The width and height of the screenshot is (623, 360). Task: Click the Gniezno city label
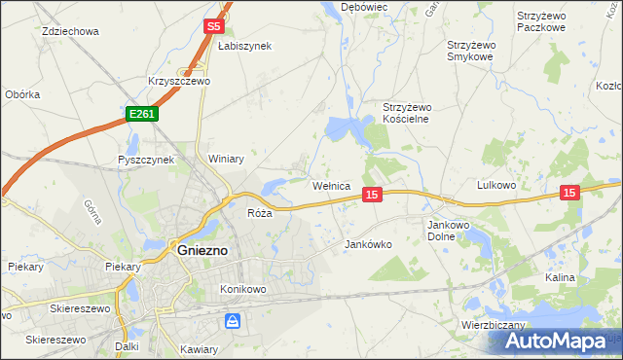202,250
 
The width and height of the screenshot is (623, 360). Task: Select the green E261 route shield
141,114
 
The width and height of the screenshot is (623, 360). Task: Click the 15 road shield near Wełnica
371,196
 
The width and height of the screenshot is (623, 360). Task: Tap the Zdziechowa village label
71,31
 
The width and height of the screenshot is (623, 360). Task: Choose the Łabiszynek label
244,46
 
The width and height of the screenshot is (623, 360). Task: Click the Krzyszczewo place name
179,82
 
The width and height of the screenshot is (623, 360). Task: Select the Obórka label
22,94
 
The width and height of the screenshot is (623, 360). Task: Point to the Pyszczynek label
145,160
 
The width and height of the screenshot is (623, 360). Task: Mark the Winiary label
226,159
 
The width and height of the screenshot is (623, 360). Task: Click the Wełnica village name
330,185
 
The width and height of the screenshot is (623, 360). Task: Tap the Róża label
258,213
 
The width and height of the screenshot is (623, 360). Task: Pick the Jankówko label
368,245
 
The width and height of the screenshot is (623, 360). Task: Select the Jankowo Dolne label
450,230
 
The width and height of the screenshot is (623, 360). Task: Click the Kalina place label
560,277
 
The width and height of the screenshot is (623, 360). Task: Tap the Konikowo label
243,289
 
